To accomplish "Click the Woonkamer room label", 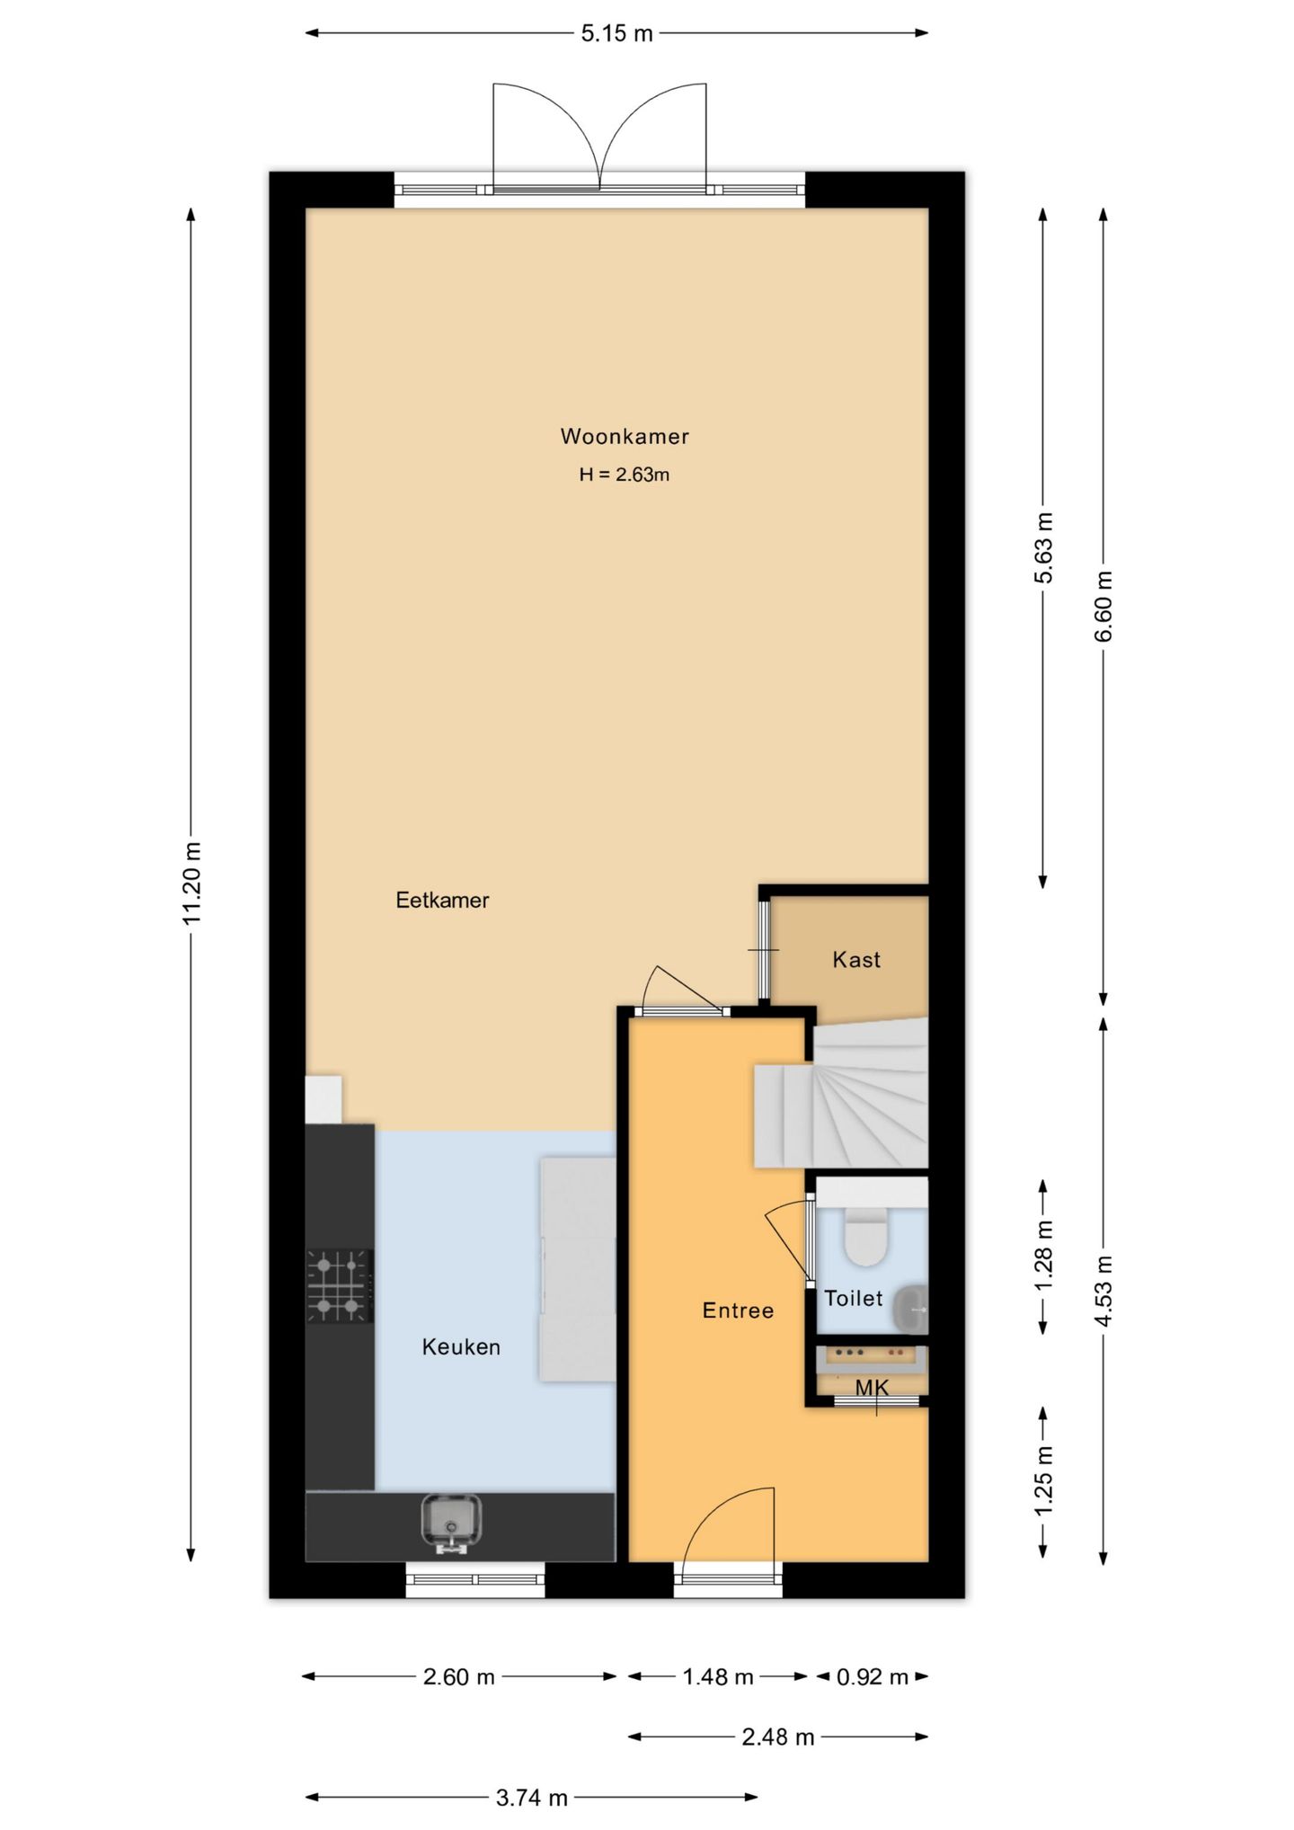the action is (x=625, y=437).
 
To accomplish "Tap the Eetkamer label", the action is (x=442, y=900).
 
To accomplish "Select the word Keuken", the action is (x=461, y=1346).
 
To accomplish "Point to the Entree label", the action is (x=738, y=1310).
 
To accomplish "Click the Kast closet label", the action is (x=856, y=960).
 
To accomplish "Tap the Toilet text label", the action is (x=854, y=1298).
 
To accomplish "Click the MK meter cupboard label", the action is (x=872, y=1388).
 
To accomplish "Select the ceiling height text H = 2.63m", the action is (x=625, y=475).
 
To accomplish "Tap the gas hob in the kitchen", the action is (x=340, y=1286).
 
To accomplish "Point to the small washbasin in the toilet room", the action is (x=911, y=1309).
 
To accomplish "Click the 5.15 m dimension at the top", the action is (x=616, y=34).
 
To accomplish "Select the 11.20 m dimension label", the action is (x=191, y=884).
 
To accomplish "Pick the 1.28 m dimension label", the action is (x=1043, y=1256).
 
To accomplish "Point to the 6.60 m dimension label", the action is (x=1103, y=606).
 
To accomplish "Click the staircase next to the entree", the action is (x=841, y=1092).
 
